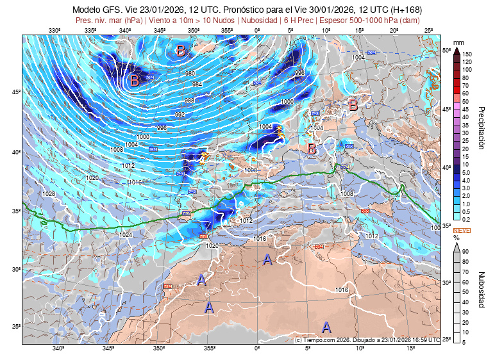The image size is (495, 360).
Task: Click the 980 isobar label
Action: (x=190, y=74)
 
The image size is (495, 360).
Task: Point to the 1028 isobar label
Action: (x=48, y=193)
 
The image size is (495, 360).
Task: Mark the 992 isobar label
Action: (x=180, y=114)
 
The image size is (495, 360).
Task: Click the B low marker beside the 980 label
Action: (x=134, y=81)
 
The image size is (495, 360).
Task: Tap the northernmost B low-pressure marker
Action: (x=181, y=50)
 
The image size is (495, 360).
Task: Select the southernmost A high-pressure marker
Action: (x=326, y=328)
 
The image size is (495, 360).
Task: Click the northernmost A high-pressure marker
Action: (x=268, y=259)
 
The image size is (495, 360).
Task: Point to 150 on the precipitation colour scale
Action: (x=467, y=54)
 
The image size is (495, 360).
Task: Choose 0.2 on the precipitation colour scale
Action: (x=467, y=219)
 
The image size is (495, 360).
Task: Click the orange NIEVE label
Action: (x=462, y=229)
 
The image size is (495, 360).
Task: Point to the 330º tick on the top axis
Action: (x=54, y=31)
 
